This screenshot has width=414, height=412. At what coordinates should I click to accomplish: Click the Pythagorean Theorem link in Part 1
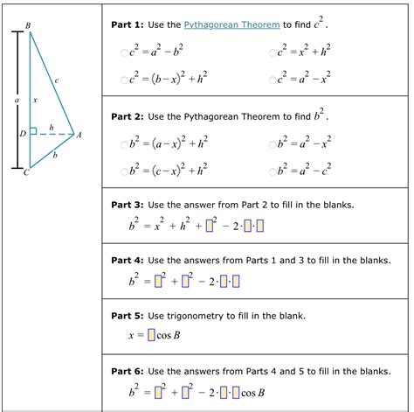[x=231, y=25]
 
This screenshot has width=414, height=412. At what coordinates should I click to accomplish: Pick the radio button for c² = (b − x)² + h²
[x=125, y=80]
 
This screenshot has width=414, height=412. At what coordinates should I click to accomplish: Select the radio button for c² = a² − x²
[x=272, y=80]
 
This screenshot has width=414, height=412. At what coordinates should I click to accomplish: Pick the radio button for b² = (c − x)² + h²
[x=125, y=170]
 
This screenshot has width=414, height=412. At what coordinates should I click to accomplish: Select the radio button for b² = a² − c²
[x=272, y=170]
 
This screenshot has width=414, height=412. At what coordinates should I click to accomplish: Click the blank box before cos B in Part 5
[x=151, y=335]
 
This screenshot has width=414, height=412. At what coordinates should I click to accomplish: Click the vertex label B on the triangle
[x=28, y=26]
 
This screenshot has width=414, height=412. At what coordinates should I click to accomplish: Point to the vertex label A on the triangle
[x=79, y=135]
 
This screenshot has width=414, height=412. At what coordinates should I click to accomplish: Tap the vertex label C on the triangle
[x=26, y=172]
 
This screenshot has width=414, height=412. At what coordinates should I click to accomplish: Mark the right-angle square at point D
[x=33, y=131]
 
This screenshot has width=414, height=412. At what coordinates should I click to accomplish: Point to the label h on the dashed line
[x=52, y=127]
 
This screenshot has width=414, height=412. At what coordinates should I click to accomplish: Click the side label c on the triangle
[x=56, y=80]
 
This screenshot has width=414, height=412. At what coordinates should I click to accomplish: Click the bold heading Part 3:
[x=128, y=205]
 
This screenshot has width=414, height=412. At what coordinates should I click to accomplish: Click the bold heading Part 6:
[x=128, y=372]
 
